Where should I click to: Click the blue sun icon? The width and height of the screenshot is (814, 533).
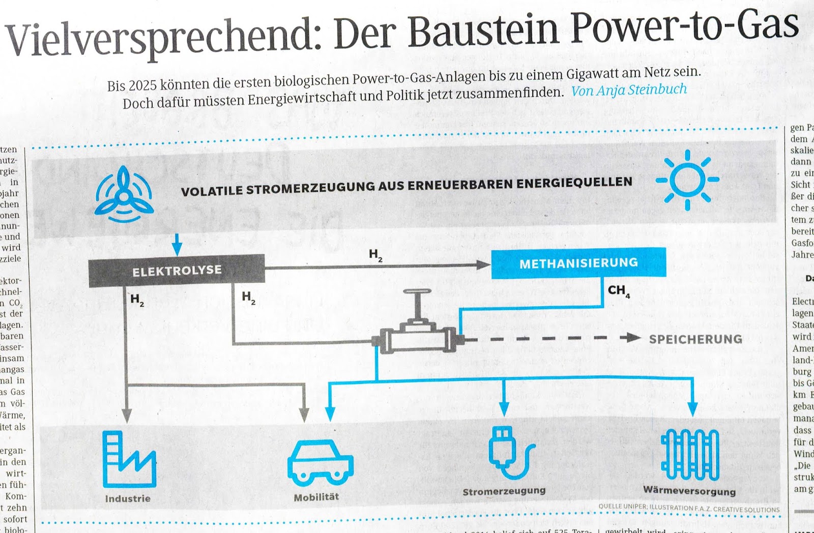click(x=687, y=180)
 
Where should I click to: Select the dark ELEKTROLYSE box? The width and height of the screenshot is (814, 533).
click(x=177, y=270)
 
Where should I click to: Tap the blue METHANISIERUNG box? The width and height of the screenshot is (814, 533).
click(x=578, y=263)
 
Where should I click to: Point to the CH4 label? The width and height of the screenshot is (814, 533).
click(x=619, y=291)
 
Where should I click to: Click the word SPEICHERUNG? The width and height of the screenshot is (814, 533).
click(x=695, y=339)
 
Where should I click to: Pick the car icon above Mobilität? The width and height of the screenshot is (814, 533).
click(x=320, y=462)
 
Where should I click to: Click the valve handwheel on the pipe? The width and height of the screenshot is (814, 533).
click(x=417, y=293)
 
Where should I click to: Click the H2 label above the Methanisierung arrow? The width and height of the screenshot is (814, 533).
click(x=375, y=255)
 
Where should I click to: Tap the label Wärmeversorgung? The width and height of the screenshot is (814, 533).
click(x=689, y=491)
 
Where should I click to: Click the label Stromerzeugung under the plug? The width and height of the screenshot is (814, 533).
click(x=504, y=491)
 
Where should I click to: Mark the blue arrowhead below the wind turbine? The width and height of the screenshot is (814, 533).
click(x=177, y=249)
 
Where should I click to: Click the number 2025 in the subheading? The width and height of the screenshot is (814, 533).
click(x=142, y=84)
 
